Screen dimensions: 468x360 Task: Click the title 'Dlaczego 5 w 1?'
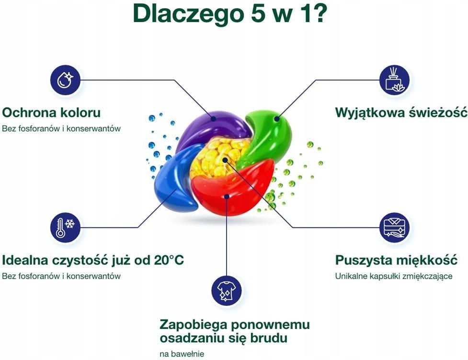pos(230,13)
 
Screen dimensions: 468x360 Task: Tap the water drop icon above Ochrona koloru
pos(65,80)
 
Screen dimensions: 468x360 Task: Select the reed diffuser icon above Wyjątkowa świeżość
pos(394,80)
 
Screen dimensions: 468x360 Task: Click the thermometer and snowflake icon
pos(65,227)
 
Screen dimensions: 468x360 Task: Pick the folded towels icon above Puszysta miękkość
pos(394,227)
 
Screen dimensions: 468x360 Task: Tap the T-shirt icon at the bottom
pos(227,291)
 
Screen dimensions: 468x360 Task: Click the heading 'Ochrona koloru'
pos(51,113)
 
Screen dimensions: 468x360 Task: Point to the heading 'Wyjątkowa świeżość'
pos(401,113)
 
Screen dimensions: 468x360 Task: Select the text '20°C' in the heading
pos(169,260)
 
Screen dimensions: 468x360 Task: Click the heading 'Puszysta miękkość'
pos(396,260)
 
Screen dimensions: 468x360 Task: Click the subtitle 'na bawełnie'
pos(182,354)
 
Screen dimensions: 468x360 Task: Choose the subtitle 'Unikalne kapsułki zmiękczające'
pos(394,277)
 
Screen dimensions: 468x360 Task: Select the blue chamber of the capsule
pos(173,179)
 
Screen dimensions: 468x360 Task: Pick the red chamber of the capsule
pos(233,188)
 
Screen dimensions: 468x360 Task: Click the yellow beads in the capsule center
pos(218,158)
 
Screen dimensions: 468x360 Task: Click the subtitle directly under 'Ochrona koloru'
pos(61,129)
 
